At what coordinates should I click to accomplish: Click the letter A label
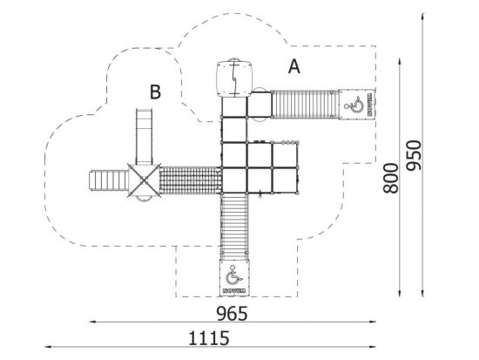293,66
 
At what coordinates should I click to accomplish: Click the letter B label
155,92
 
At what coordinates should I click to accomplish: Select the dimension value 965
232,314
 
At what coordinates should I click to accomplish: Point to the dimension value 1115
209,338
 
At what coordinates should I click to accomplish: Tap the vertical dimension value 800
391,179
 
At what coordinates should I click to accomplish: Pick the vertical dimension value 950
414,155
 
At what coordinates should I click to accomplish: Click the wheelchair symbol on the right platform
354,105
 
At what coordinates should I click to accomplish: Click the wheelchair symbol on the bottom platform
233,275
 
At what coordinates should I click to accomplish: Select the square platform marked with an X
144,180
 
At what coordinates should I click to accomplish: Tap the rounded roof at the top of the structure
234,79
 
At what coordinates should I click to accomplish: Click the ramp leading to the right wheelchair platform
305,105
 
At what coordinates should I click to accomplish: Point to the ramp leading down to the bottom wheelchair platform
234,227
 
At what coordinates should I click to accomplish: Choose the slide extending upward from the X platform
144,136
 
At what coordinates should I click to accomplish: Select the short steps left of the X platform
109,180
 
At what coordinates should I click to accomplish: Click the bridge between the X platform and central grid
191,180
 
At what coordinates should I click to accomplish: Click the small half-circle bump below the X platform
144,199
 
